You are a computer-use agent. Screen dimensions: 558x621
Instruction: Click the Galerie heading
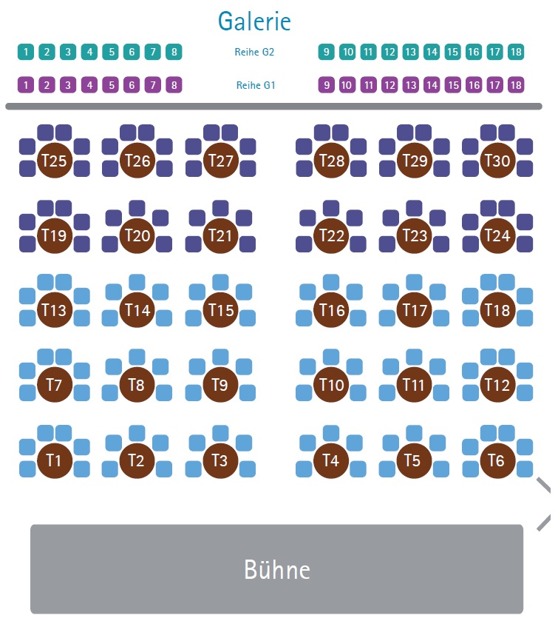[254, 21]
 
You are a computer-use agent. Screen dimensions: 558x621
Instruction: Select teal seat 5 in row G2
[111, 52]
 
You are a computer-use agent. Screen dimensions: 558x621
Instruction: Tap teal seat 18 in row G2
[516, 52]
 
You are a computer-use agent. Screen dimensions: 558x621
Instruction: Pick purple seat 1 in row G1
[26, 85]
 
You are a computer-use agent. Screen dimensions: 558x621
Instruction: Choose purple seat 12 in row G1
[389, 85]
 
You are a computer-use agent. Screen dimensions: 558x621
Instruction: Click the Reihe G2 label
[254, 52]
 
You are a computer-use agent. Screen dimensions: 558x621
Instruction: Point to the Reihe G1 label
[256, 85]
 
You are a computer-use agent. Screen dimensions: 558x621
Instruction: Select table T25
[55, 161]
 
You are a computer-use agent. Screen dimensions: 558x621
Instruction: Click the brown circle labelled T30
[497, 161]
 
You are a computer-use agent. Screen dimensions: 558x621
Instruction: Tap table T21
[220, 235]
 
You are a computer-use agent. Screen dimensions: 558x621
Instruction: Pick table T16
[331, 309]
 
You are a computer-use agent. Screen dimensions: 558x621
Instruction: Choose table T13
[55, 309]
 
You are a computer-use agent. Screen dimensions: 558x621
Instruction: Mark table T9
[220, 385]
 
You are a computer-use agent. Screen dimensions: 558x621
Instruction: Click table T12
[497, 385]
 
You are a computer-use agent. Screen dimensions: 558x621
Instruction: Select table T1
[55, 460]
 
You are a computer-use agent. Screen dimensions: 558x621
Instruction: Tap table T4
[331, 460]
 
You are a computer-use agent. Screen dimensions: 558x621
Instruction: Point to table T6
[497, 460]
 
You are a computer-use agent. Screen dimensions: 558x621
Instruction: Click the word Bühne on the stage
[277, 569]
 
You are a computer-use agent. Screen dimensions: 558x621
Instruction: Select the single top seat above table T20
[137, 208]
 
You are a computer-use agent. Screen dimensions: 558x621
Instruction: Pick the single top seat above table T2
[137, 433]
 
